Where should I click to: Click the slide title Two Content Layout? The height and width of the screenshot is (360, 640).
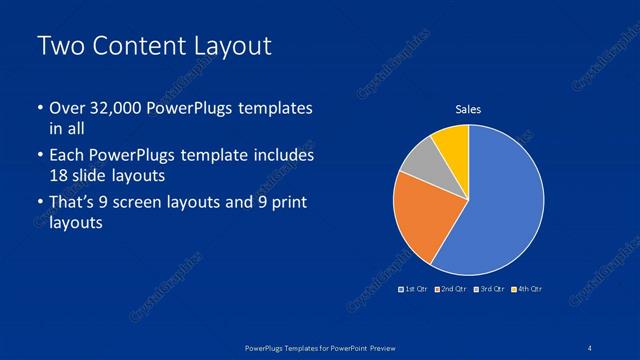click(x=153, y=46)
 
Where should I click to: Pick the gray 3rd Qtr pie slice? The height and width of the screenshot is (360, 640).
click(x=420, y=160)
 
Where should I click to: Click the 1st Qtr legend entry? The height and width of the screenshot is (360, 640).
click(x=413, y=289)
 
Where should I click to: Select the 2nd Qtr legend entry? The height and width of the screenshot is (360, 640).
click(x=452, y=289)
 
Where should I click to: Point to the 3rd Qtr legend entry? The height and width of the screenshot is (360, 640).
click(x=490, y=289)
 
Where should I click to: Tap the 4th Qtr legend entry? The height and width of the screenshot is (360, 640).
click(x=528, y=289)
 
